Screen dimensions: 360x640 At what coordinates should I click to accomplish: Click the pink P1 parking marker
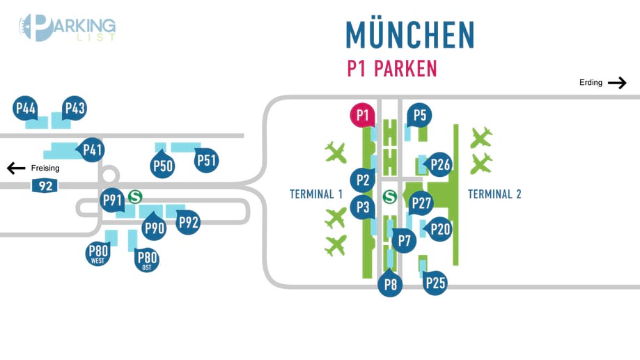pyautogui.click(x=362, y=115)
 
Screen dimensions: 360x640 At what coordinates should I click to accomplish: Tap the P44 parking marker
pyautogui.click(x=26, y=109)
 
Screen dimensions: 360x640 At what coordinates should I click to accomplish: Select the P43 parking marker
pyautogui.click(x=75, y=109)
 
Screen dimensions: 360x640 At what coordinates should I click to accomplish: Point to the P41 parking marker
pyautogui.click(x=93, y=149)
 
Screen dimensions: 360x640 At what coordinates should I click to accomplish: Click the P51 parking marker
pyautogui.click(x=207, y=161)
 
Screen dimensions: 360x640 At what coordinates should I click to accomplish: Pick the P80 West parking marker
pyautogui.click(x=98, y=254)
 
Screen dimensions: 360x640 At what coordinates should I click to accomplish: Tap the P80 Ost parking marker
pyautogui.click(x=147, y=260)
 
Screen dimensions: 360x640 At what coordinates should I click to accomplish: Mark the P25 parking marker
pyautogui.click(x=435, y=283)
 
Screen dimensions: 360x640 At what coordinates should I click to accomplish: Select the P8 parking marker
pyautogui.click(x=391, y=284)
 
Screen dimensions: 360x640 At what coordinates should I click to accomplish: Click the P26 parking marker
pyautogui.click(x=440, y=164)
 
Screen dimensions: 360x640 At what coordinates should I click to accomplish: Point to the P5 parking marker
pyautogui.click(x=419, y=115)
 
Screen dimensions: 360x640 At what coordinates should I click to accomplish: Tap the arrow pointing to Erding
pyautogui.click(x=617, y=83)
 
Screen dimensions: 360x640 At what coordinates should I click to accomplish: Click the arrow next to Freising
pyautogui.click(x=16, y=169)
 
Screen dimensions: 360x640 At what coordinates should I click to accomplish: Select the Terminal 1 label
pyautogui.click(x=316, y=194)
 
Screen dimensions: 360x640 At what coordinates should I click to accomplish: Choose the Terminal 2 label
pyautogui.click(x=494, y=194)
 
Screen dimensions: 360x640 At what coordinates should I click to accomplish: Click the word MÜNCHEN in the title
pyautogui.click(x=410, y=35)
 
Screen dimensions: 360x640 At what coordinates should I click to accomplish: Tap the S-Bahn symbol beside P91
pyautogui.click(x=135, y=198)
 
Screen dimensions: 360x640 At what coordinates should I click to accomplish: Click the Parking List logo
pyautogui.click(x=67, y=28)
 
